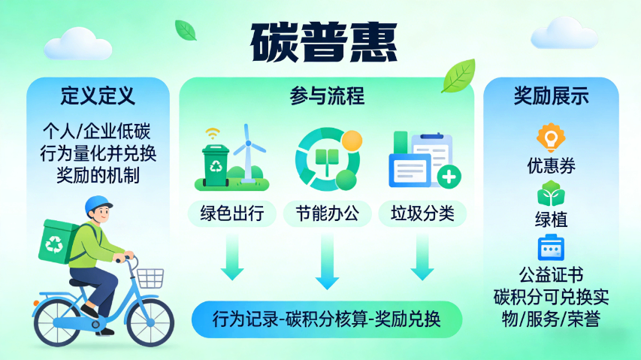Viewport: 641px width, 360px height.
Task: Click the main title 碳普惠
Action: click(x=322, y=41)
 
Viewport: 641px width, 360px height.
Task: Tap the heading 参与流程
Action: click(x=327, y=96)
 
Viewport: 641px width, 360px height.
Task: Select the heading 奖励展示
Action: click(x=551, y=96)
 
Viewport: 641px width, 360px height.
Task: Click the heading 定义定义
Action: click(x=98, y=96)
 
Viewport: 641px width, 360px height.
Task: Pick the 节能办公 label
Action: click(x=327, y=213)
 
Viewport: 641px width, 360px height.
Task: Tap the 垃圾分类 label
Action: click(x=422, y=213)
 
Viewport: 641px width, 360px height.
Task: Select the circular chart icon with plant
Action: click(x=326, y=158)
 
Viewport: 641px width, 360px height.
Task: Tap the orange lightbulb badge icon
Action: click(x=551, y=138)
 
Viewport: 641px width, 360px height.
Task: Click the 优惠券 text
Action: click(x=551, y=166)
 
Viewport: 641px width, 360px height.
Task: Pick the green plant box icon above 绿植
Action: click(x=551, y=194)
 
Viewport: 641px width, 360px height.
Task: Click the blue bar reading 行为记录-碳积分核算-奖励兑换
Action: click(x=327, y=319)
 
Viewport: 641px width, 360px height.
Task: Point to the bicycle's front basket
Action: click(x=150, y=277)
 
